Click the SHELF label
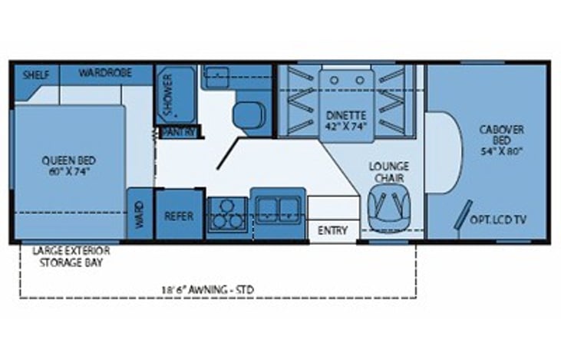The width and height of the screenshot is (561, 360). [x=36, y=75]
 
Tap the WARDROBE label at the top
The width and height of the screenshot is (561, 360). [x=105, y=73]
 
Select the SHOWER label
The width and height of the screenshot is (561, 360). [x=167, y=95]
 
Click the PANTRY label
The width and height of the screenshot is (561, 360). [x=180, y=132]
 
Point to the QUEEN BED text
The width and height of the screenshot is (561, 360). [x=69, y=160]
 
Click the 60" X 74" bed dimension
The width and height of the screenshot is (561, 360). [x=69, y=171]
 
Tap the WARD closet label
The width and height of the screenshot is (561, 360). [x=139, y=215]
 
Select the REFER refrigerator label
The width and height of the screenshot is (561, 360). [x=179, y=216]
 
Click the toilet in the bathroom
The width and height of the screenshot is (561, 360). [x=249, y=114]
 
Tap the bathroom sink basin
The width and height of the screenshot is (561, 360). [x=217, y=77]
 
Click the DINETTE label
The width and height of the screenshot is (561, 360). [x=346, y=116]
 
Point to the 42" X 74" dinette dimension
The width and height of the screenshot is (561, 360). [x=346, y=127]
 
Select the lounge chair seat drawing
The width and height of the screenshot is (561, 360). [x=389, y=208]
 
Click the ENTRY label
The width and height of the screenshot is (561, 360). [x=333, y=230]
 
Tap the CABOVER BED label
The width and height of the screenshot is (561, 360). [x=502, y=135]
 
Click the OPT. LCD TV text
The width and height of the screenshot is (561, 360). [x=498, y=220]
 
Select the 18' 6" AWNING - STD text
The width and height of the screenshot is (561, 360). [x=208, y=289]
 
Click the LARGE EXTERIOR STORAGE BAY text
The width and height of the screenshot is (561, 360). [x=71, y=256]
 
